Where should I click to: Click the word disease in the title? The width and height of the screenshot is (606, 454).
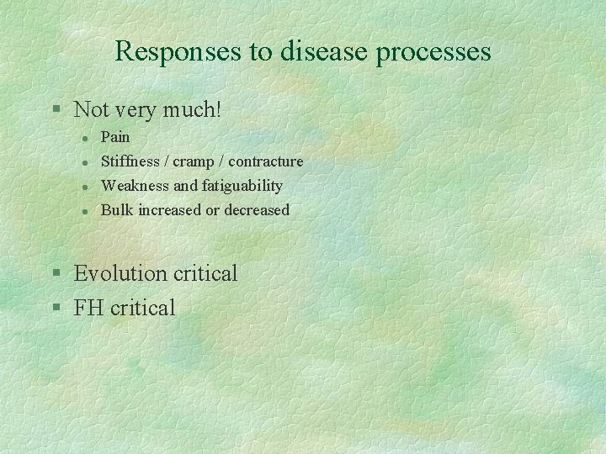(x=324, y=52)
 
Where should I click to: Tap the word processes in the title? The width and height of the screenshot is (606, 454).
(x=434, y=52)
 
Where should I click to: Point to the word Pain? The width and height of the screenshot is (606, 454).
(x=115, y=137)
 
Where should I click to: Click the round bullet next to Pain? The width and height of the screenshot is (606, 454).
(x=85, y=137)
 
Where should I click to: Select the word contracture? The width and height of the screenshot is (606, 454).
(x=266, y=161)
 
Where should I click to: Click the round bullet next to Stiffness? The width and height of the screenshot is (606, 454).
(x=85, y=161)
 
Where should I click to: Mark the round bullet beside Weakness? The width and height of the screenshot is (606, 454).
(x=85, y=186)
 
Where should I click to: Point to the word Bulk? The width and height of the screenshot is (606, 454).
(x=116, y=210)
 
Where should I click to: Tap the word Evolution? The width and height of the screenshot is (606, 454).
(x=120, y=273)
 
